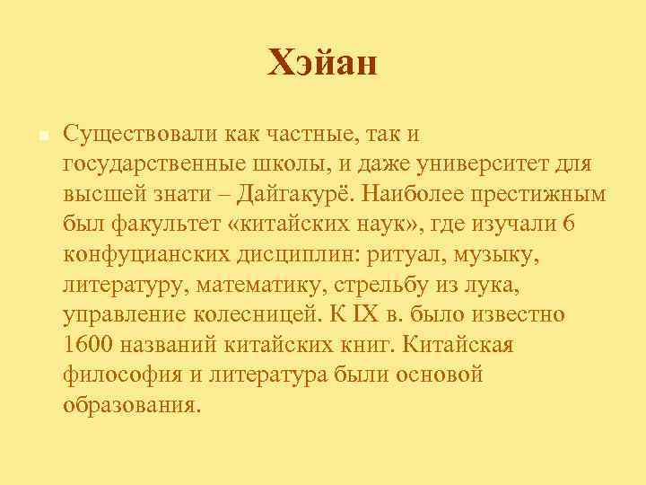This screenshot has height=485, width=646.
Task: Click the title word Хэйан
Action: tap(323, 64)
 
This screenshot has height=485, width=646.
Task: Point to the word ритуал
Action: tap(396, 255)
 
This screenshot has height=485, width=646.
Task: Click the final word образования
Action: tap(128, 406)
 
